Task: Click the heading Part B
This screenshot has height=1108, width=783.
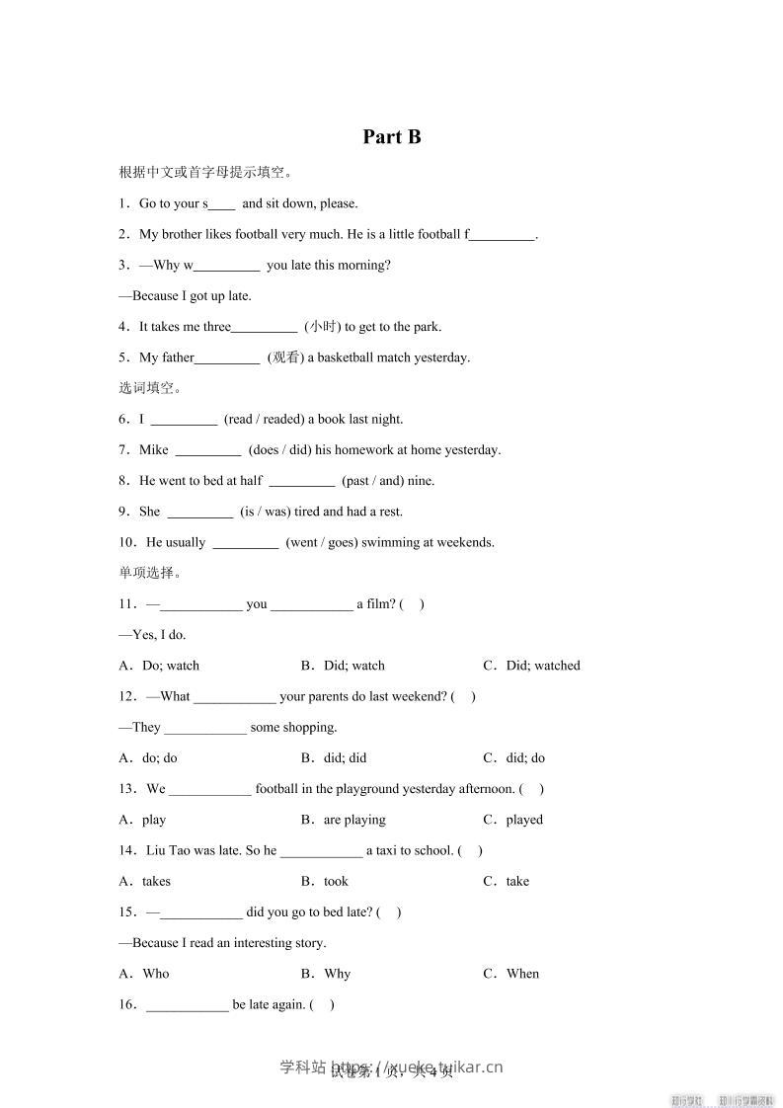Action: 392,137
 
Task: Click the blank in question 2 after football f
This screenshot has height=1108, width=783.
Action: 503,235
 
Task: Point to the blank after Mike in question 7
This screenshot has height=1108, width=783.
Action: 208,450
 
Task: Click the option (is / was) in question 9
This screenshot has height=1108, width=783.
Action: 266,512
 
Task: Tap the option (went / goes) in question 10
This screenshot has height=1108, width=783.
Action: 322,542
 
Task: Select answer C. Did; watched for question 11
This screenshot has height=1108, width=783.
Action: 531,666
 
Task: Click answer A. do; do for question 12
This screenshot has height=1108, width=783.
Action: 148,758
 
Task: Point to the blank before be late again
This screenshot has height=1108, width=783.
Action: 188,1005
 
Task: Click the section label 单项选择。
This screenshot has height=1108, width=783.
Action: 149,573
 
